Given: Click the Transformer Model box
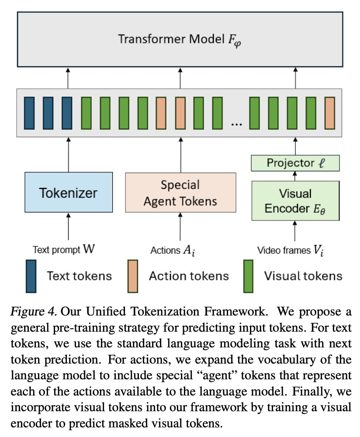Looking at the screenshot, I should pyautogui.click(x=180, y=39).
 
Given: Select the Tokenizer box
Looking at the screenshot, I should pyautogui.click(x=69, y=193).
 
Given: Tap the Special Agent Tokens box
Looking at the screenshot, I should pyautogui.click(x=180, y=193).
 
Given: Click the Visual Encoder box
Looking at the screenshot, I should pyautogui.click(x=295, y=201).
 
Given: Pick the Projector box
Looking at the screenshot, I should pyautogui.click(x=295, y=163).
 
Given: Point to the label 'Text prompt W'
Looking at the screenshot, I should pyautogui.click(x=63, y=250).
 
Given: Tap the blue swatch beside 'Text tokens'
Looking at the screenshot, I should pyautogui.click(x=31, y=276).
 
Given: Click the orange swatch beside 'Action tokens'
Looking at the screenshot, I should pyautogui.click(x=132, y=276).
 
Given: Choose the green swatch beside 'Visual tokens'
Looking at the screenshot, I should pyautogui.click(x=248, y=276).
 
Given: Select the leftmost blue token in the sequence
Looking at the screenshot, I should pyautogui.click(x=29, y=112).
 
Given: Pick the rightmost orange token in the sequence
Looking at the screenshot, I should pyautogui.click(x=330, y=112).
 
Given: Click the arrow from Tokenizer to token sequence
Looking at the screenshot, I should pyautogui.click(x=69, y=154).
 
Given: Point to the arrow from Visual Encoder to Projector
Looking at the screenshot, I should pyautogui.click(x=295, y=176).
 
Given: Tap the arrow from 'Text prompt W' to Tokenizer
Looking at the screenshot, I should pyautogui.click(x=69, y=227).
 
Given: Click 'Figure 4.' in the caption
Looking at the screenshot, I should pyautogui.click(x=34, y=312).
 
